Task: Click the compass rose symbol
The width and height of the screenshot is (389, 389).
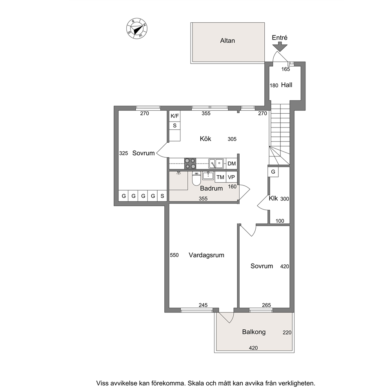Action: pyautogui.click(x=137, y=29)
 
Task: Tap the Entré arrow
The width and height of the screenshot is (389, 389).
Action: pyautogui.click(x=280, y=47)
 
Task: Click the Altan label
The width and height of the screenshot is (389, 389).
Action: pyautogui.click(x=227, y=41)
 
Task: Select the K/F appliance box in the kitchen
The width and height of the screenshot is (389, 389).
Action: pyautogui.click(x=175, y=116)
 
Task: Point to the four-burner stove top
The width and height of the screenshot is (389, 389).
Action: pyautogui.click(x=190, y=164)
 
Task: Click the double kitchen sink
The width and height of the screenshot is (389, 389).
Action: pyautogui.click(x=216, y=164)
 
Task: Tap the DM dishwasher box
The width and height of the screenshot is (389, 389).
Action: pyautogui.click(x=231, y=164)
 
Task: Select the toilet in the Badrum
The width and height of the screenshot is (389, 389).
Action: pyautogui.click(x=196, y=178)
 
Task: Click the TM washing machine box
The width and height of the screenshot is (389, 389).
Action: pyautogui.click(x=220, y=177)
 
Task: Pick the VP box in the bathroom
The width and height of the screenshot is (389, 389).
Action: pyautogui.click(x=231, y=177)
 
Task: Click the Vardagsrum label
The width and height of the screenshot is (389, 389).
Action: pyautogui.click(x=206, y=255)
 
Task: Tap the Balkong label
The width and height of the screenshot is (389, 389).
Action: pyautogui.click(x=254, y=332)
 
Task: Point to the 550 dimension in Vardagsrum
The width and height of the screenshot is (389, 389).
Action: pyautogui.click(x=174, y=255)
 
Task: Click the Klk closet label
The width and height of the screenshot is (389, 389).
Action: pyautogui.click(x=273, y=198)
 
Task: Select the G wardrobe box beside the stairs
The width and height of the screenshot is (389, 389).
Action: pyautogui.click(x=273, y=172)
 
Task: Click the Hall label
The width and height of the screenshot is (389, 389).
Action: pyautogui.click(x=287, y=85)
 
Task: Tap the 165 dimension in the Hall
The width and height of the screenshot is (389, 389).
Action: pyautogui.click(x=285, y=69)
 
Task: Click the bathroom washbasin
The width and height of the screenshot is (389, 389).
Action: pyautogui.click(x=208, y=176)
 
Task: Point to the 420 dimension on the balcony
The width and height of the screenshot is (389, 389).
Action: pyautogui.click(x=253, y=348)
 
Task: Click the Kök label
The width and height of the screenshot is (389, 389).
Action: pyautogui.click(x=205, y=139)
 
